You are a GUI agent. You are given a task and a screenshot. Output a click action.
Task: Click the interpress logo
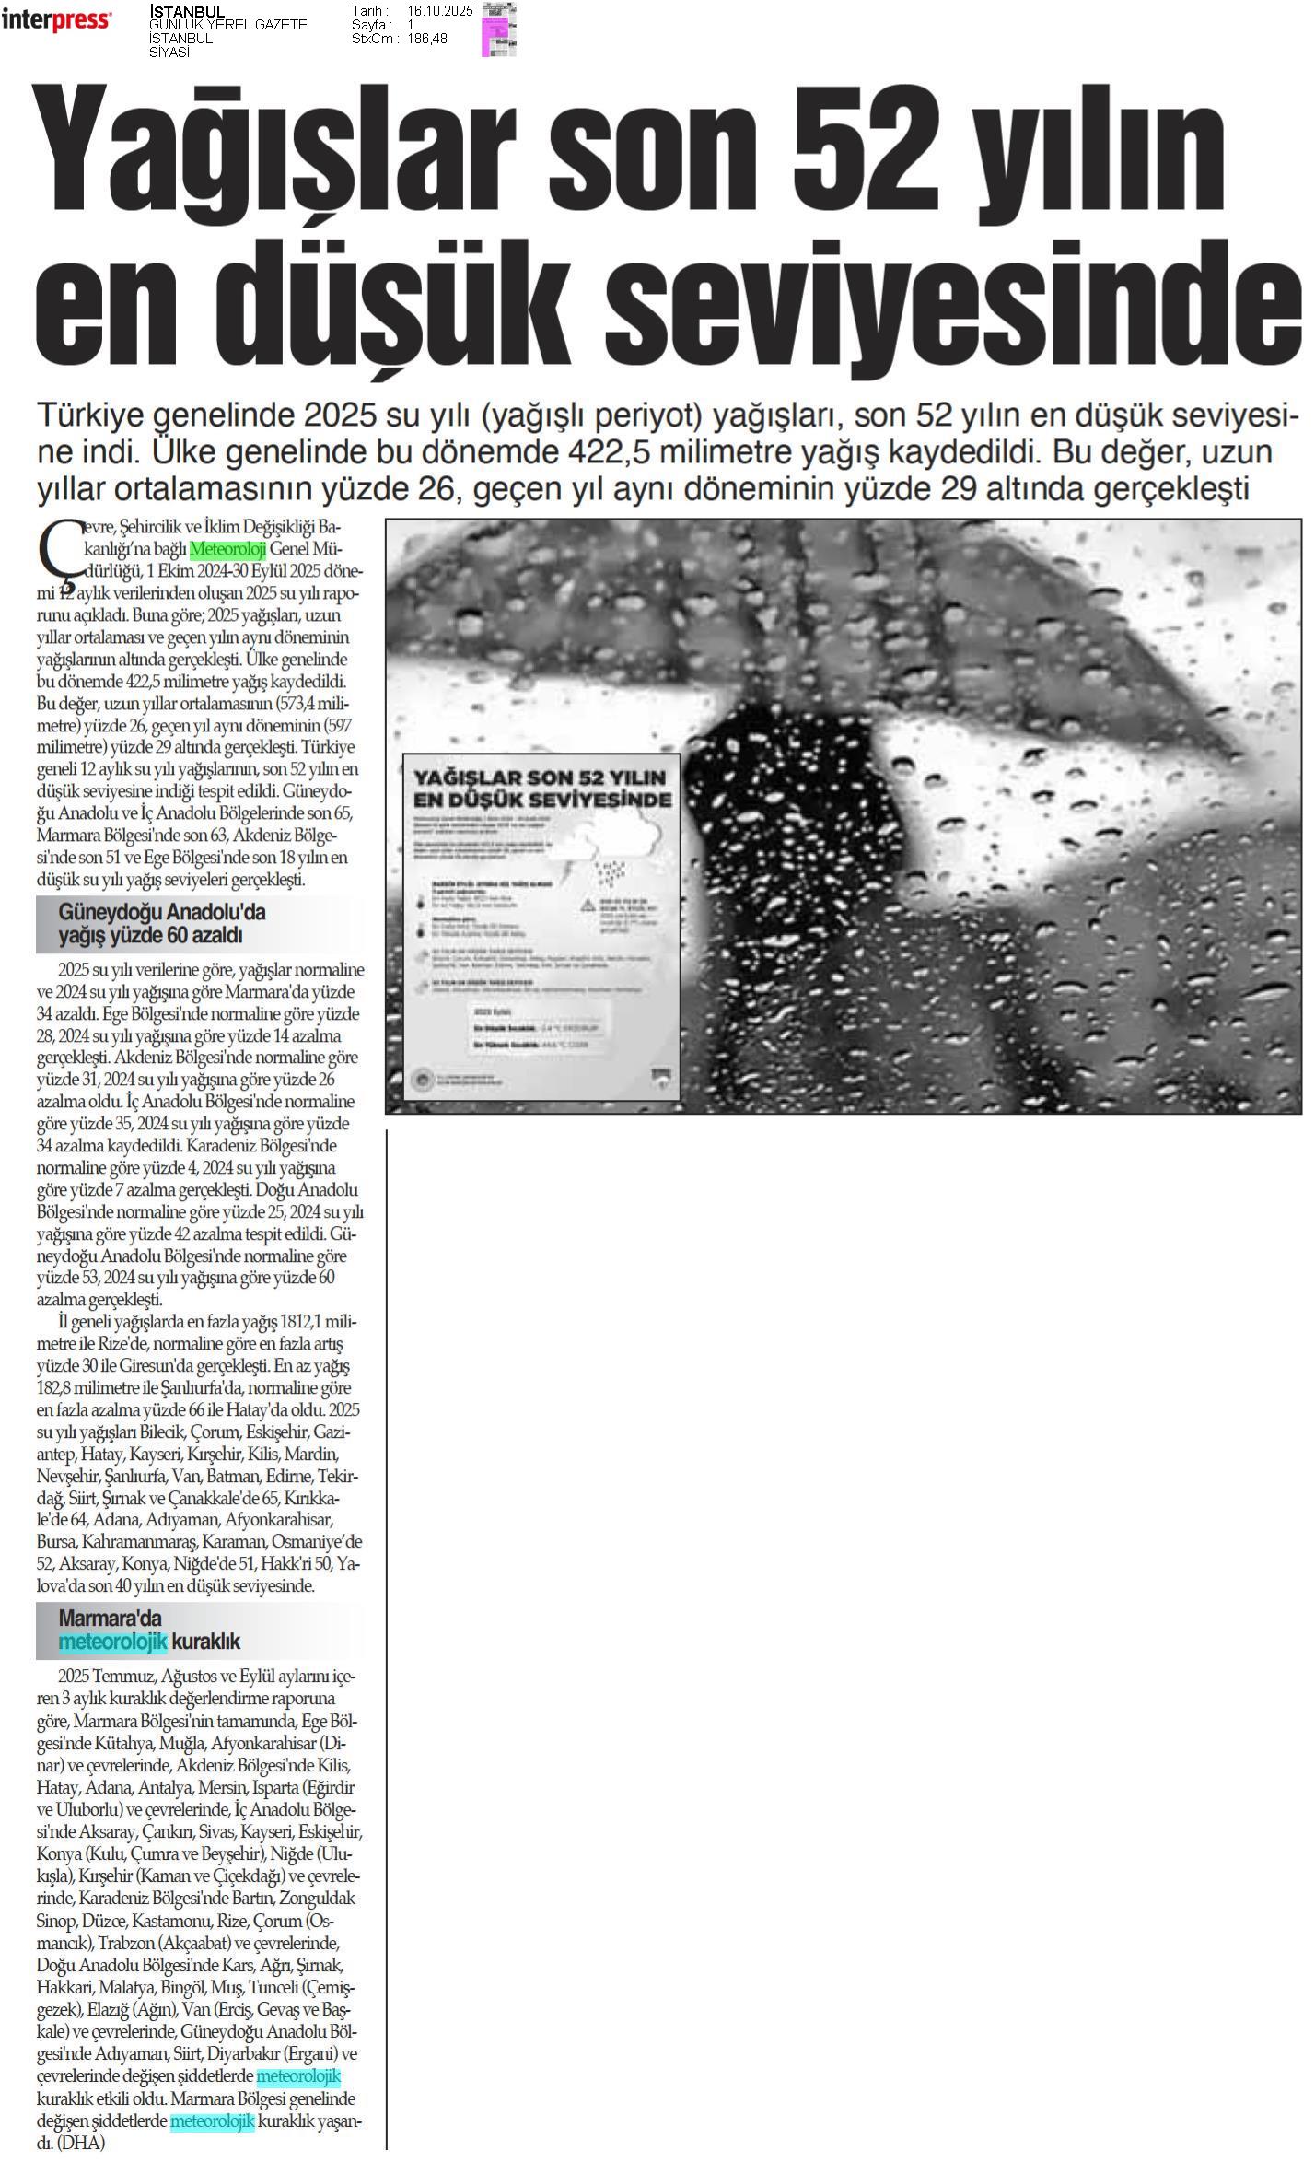click(x=56, y=19)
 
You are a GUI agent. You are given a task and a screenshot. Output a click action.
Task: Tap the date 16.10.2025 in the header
click(x=439, y=11)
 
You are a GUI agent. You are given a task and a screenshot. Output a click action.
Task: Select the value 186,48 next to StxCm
click(x=427, y=39)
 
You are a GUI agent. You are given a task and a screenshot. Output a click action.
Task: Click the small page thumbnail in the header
click(x=498, y=29)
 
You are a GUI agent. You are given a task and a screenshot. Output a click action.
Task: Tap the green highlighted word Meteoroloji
click(x=227, y=550)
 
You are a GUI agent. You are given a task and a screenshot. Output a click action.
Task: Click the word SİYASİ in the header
click(x=169, y=53)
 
